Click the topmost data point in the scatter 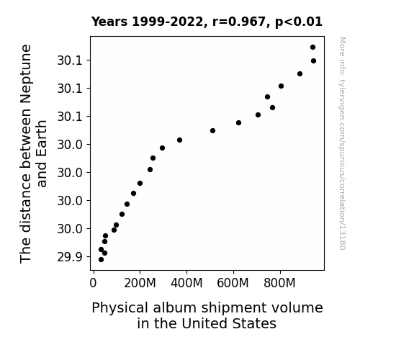[x=312, y=48]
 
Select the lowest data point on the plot [x=101, y=260]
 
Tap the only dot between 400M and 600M [x=212, y=131]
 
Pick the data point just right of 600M [x=238, y=123]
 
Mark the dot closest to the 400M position [x=179, y=140]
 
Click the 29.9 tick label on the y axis [x=70, y=257]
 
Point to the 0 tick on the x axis [x=93, y=283]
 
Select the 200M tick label [x=140, y=283]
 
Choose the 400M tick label [x=186, y=283]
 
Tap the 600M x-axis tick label [x=233, y=283]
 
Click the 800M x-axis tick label [x=279, y=283]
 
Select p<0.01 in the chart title [x=299, y=22]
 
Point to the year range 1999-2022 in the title [x=168, y=22]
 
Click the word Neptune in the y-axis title [x=26, y=74]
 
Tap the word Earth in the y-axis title [x=42, y=153]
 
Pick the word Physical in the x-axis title [x=120, y=308]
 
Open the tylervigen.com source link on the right [x=342, y=143]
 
